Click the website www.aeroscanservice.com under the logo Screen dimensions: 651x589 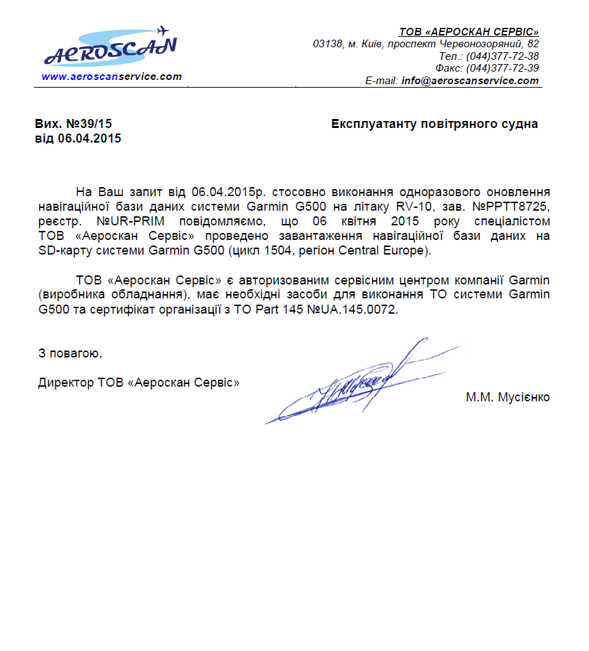click(111, 77)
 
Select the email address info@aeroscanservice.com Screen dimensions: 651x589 click(470, 81)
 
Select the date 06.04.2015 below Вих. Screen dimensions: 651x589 click(90, 138)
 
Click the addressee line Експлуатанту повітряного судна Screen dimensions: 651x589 click(435, 124)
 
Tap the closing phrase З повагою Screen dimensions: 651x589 click(70, 353)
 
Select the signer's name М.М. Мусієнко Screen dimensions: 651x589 click(508, 397)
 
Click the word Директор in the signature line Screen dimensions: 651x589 click(66, 382)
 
